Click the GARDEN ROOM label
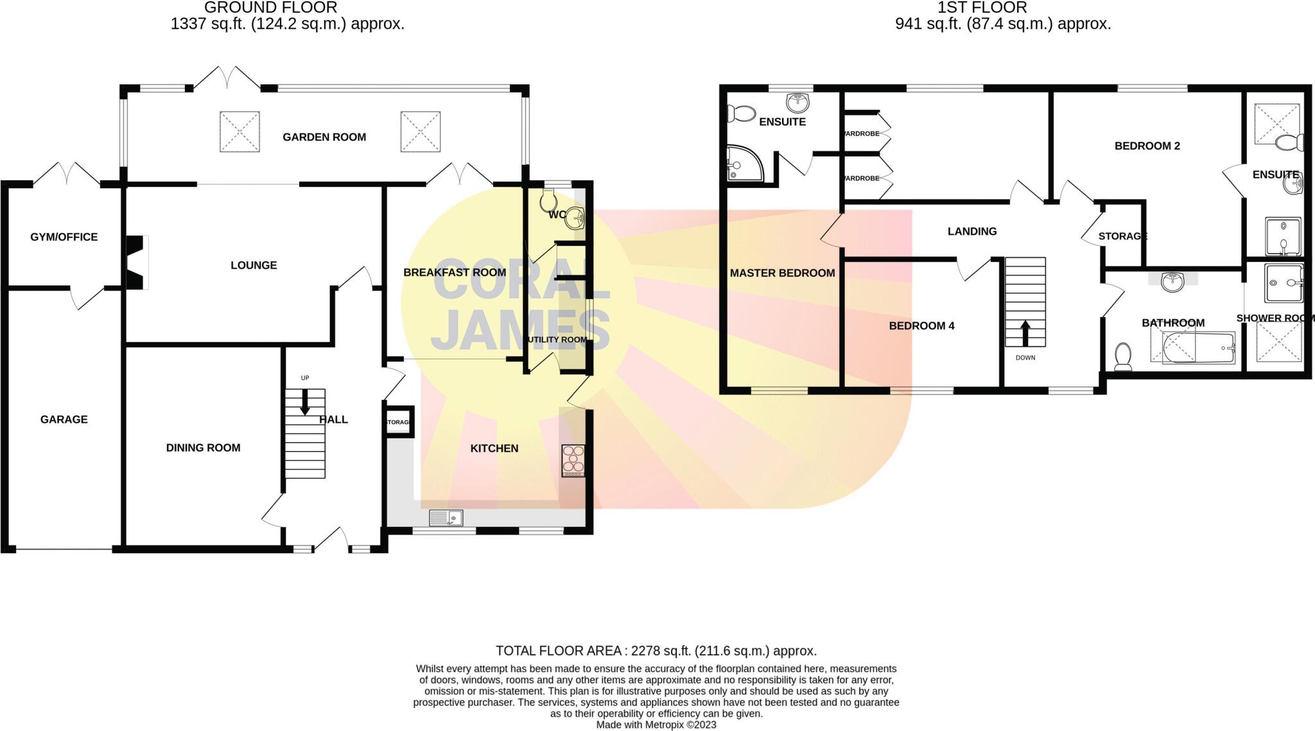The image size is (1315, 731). point(324,137)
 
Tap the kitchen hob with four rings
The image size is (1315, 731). point(573,460)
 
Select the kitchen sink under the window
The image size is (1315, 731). point(446,517)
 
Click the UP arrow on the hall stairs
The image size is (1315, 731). point(305,401)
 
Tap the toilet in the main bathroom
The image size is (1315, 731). point(1123,356)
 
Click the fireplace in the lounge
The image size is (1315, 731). point(136,262)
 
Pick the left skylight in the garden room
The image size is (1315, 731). point(239,132)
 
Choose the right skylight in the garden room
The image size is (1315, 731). point(421,132)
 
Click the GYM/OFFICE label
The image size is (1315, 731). point(64,237)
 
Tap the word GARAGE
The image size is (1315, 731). point(64,419)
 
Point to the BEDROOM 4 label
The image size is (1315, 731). point(921,325)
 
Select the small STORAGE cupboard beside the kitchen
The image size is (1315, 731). point(398,422)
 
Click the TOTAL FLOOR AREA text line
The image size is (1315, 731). point(656,651)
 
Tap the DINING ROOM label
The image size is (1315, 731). point(203,447)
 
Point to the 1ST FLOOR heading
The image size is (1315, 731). point(982,8)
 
